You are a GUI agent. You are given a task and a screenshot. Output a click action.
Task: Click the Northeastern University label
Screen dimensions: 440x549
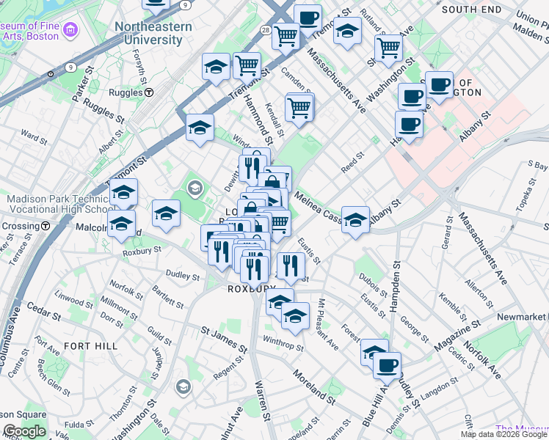point(153,33)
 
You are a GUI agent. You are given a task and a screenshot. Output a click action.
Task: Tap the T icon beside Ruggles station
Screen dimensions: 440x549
point(149,93)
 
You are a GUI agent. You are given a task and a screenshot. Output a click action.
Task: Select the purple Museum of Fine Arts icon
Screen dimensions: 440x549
point(70,30)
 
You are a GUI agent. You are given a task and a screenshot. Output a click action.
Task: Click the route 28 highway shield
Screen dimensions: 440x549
point(265,29)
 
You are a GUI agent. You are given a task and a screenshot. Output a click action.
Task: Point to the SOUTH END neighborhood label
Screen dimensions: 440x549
point(471,10)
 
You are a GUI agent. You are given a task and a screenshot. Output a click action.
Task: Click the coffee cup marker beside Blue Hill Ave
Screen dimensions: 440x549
point(387,364)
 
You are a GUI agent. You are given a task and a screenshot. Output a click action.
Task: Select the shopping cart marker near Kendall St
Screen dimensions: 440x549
point(299,107)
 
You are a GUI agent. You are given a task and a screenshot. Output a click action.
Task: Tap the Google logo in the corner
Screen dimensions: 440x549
point(24,431)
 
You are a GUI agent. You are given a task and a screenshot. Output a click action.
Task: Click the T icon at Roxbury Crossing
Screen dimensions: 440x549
point(46,227)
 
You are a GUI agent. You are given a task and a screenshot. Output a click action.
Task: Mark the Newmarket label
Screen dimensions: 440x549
point(523,316)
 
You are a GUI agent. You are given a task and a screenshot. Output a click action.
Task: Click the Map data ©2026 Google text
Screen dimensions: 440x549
point(503,434)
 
